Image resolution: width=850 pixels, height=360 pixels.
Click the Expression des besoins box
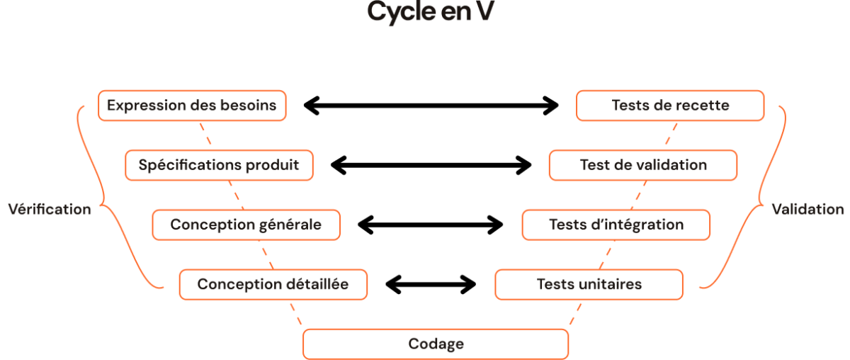click(192, 106)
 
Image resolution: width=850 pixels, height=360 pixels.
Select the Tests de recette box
click(670, 106)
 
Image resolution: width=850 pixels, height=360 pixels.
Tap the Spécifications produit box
click(219, 165)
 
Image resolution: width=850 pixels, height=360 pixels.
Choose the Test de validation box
click(643, 165)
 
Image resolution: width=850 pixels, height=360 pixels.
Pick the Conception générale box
click(246, 225)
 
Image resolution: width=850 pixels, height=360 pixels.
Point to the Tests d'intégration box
click(616, 225)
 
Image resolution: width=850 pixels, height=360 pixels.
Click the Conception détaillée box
click(273, 284)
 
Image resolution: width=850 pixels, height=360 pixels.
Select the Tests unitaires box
click(589, 284)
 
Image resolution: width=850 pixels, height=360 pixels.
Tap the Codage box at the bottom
click(436, 344)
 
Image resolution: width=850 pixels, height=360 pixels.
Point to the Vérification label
click(49, 209)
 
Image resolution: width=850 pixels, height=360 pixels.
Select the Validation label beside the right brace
click(808, 209)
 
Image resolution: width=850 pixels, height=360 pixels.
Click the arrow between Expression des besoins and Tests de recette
click(431, 106)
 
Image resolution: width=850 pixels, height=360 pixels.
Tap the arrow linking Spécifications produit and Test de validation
click(431, 165)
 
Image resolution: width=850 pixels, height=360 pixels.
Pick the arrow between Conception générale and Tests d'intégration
click(431, 225)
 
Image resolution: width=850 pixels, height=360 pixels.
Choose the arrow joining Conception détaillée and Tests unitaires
click(431, 284)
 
